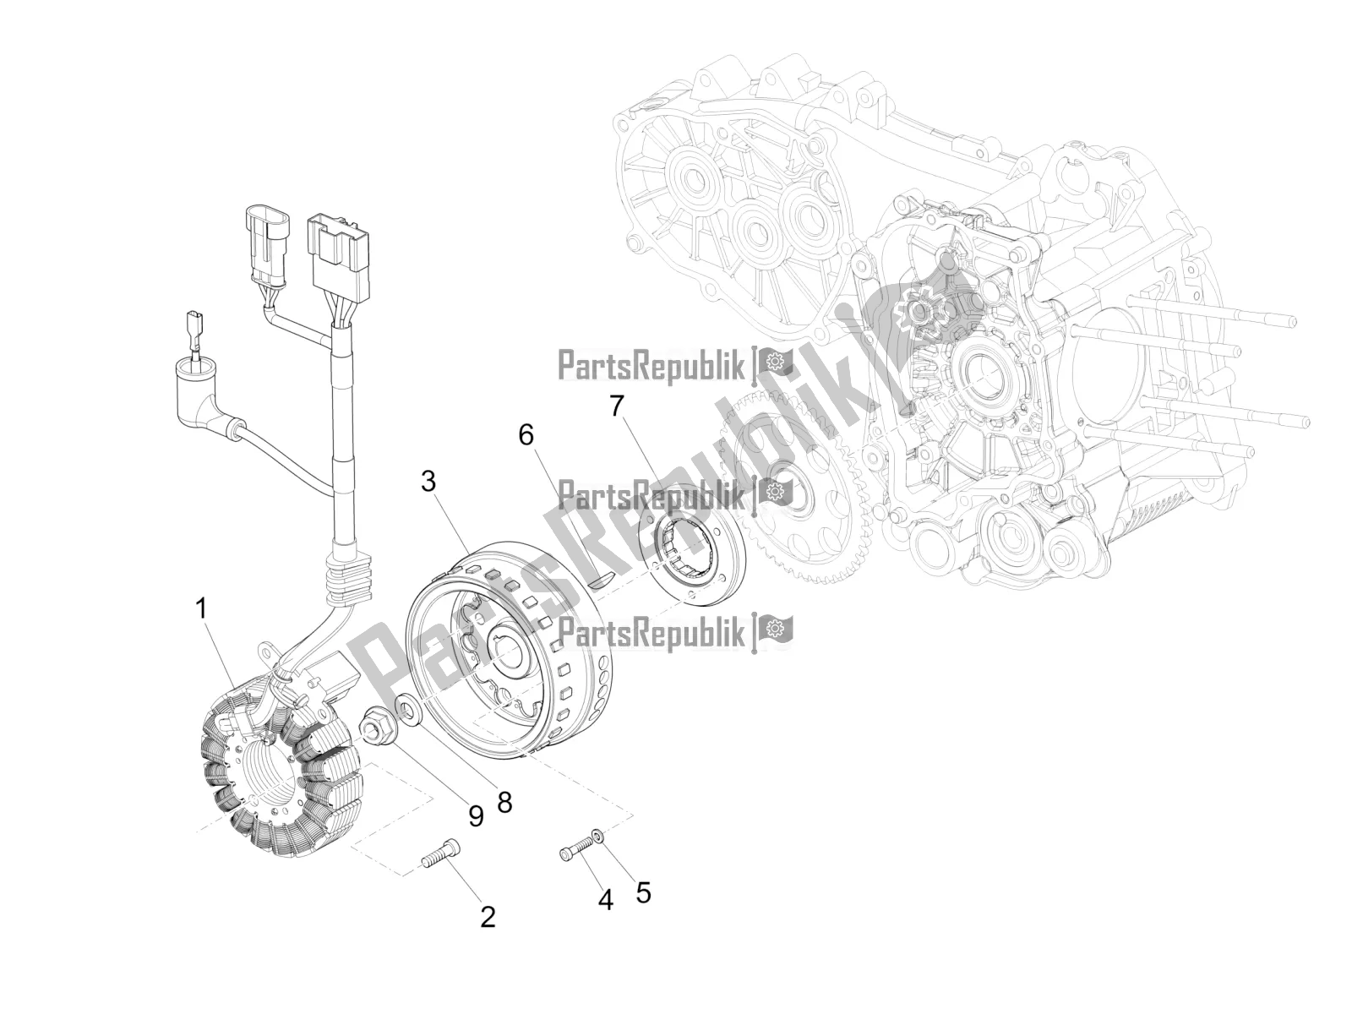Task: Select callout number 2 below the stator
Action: coord(488,917)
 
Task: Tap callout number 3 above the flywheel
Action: coord(428,482)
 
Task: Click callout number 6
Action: coord(526,435)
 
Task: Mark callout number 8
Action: coord(504,802)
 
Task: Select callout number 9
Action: coord(476,815)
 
